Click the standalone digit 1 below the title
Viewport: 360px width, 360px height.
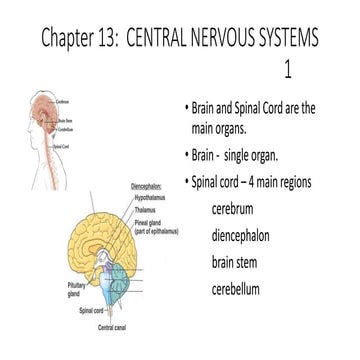coord(287,72)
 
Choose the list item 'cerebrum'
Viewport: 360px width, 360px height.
coord(237,210)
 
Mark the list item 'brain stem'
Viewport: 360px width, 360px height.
coord(240,263)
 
